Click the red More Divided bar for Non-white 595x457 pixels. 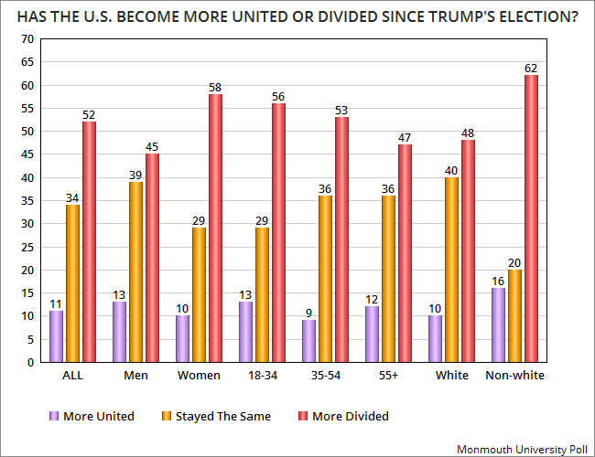(531, 218)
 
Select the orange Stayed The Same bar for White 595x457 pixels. (451, 270)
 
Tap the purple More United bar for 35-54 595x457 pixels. (308, 341)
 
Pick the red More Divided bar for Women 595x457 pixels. (215, 228)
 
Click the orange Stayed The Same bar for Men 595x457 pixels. (135, 272)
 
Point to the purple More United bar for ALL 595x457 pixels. (56, 336)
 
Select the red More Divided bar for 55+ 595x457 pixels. (405, 253)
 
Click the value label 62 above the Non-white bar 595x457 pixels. (531, 69)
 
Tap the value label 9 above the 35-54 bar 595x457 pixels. (308, 313)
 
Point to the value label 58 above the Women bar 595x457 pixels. (215, 88)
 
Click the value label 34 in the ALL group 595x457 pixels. (72, 197)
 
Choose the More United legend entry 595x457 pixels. (92, 416)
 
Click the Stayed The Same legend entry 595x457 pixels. (216, 416)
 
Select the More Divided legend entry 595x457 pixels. (344, 416)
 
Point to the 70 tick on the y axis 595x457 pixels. (27, 39)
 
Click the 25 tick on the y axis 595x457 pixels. (27, 247)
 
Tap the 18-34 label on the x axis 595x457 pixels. (263, 375)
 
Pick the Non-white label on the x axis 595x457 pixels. (515, 375)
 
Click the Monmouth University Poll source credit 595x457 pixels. (522, 450)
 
